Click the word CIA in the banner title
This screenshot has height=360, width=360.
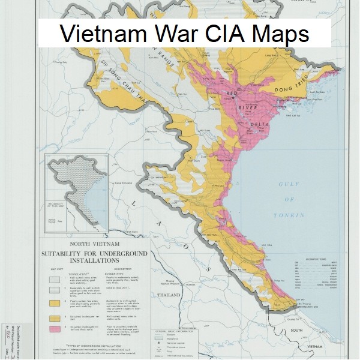click(x=227, y=34)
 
